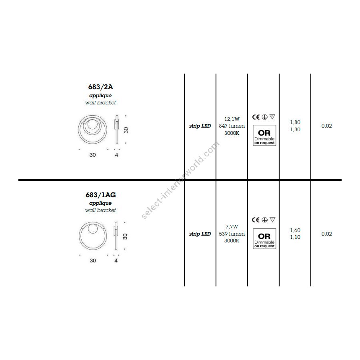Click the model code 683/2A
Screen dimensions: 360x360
(x=100, y=87)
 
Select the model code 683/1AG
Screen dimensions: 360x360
(x=100, y=195)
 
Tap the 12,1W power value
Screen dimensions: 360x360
(x=232, y=119)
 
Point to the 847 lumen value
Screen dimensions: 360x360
(x=232, y=126)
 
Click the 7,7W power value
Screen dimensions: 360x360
(x=232, y=227)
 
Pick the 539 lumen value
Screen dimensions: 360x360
(x=232, y=234)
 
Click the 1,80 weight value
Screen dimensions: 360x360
(x=295, y=122)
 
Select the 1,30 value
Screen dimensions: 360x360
(x=295, y=130)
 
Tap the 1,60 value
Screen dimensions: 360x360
(x=295, y=230)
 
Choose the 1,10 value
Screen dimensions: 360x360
(x=295, y=237)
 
